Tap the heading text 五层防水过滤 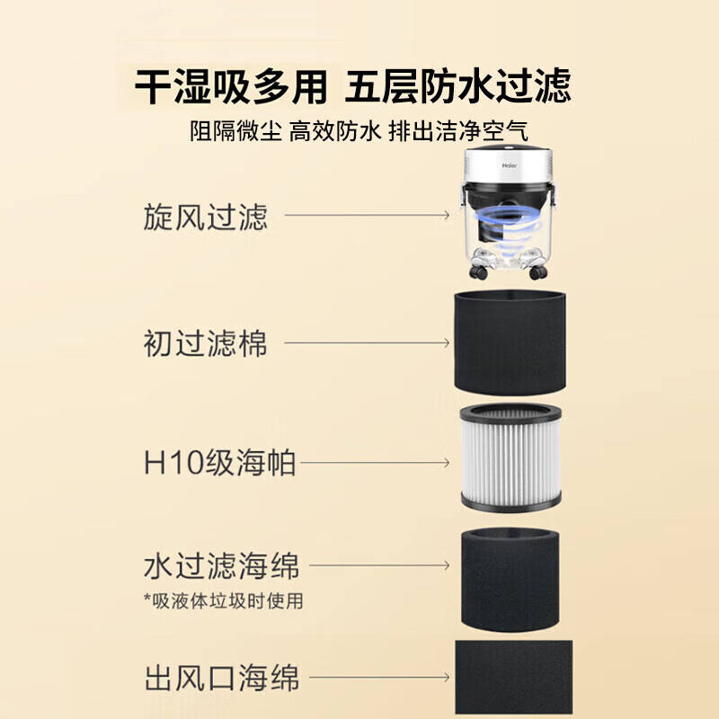click(x=459, y=87)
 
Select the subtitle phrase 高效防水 click(x=335, y=131)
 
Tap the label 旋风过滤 click(x=205, y=217)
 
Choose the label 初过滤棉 click(x=205, y=343)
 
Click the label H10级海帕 click(x=219, y=465)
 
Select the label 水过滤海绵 click(x=221, y=567)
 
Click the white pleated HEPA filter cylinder click(x=510, y=457)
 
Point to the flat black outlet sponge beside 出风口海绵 click(x=513, y=679)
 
